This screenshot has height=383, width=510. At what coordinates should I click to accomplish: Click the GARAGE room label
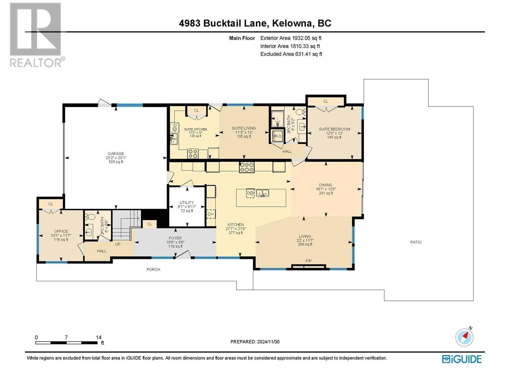click(116, 154)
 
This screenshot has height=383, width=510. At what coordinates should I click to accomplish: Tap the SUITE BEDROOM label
click(334, 129)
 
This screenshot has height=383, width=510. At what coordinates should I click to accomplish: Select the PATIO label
click(416, 242)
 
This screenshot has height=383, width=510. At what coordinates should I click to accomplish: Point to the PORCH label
click(153, 269)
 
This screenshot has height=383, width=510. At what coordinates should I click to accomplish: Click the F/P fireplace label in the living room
click(308, 261)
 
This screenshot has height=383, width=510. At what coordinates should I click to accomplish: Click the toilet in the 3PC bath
click(301, 112)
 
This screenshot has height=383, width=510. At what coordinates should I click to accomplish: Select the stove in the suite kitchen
click(193, 154)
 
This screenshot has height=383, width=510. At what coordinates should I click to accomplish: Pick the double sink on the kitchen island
click(262, 193)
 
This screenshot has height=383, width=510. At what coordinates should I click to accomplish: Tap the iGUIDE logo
click(462, 359)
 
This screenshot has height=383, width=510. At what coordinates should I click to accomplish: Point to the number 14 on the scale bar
click(99, 337)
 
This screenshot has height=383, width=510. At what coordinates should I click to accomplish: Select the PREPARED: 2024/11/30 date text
click(255, 342)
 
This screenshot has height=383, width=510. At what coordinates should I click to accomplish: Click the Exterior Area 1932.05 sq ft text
click(291, 38)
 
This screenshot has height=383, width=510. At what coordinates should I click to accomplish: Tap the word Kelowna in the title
click(292, 23)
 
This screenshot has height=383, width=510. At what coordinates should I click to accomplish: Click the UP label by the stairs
click(118, 244)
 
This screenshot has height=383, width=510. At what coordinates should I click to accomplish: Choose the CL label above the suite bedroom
click(325, 101)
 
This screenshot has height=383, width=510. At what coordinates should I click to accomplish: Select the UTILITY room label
click(186, 203)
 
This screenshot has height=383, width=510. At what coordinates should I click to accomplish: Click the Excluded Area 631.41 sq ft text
click(291, 54)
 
